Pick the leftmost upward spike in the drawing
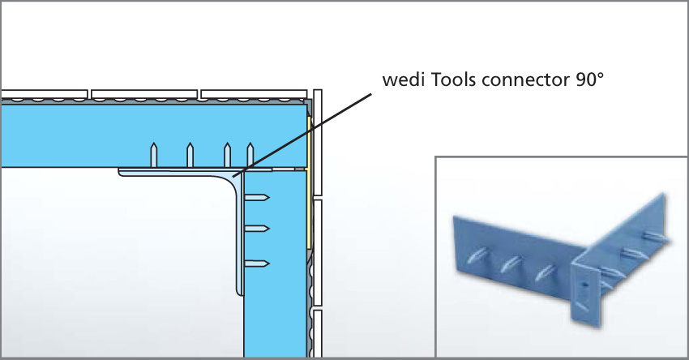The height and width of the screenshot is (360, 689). [152, 153]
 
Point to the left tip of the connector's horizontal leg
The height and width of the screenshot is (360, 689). [122, 171]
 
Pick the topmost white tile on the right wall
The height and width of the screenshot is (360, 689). [319, 143]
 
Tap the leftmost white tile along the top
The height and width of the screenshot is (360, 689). [45, 93]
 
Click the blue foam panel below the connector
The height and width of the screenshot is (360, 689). [276, 316]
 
